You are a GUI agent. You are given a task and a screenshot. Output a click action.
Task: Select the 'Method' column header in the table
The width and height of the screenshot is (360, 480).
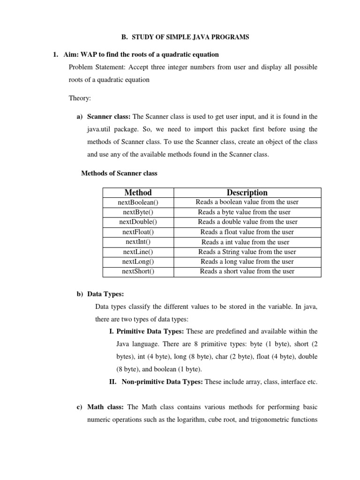(138, 192)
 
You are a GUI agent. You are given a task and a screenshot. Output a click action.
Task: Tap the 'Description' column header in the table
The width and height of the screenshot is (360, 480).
(247, 192)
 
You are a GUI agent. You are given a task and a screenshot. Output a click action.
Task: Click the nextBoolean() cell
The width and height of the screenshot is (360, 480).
(138, 202)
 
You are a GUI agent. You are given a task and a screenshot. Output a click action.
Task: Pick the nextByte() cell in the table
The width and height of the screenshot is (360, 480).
(138, 212)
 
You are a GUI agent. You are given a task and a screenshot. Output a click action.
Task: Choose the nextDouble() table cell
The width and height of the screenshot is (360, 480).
(138, 222)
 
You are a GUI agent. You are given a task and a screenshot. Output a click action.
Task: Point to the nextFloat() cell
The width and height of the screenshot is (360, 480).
(138, 232)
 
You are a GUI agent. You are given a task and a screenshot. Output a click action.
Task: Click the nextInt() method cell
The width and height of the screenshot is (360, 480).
(138, 242)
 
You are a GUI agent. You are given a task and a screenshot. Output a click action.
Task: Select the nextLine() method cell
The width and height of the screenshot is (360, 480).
(138, 252)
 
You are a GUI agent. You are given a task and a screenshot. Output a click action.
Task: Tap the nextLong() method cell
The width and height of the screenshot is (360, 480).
(138, 262)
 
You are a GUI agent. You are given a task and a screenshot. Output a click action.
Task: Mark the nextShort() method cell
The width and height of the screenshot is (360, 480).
(138, 271)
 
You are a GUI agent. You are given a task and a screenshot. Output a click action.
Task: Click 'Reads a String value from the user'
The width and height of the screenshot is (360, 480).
(247, 252)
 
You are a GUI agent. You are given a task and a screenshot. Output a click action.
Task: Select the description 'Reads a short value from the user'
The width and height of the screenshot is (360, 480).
(247, 271)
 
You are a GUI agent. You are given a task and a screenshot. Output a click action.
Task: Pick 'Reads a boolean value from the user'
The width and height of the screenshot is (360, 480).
(247, 202)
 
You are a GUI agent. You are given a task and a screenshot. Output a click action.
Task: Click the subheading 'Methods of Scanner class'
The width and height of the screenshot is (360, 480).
(119, 173)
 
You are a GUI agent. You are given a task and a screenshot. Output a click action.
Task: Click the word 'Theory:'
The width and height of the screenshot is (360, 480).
(81, 98)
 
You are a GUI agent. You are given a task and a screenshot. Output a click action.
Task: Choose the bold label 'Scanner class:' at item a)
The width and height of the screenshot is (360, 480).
(109, 117)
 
